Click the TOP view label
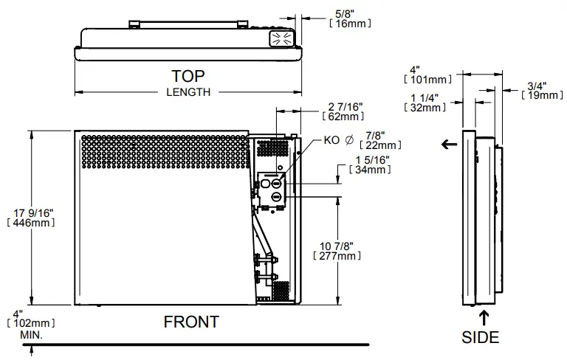188,76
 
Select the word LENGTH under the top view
188,92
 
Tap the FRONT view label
191,322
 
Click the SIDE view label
481,338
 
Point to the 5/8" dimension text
344,13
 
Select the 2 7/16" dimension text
344,106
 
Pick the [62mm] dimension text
344,117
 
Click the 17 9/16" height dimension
29,213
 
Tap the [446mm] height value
29,224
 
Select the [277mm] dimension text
336,256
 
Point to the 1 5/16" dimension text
373,160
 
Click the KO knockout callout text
332,140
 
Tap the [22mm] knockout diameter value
377,145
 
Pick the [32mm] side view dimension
426,107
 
